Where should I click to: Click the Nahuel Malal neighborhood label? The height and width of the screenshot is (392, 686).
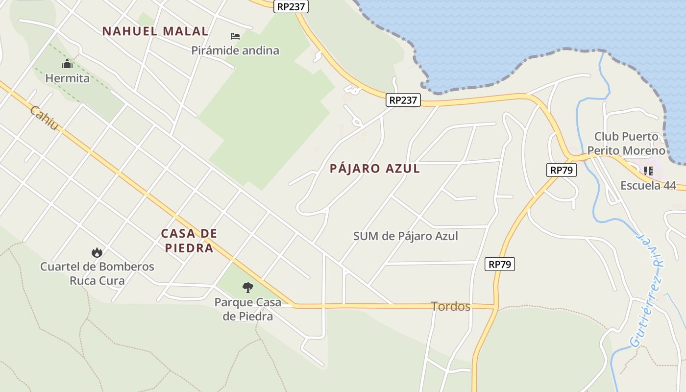click(x=155, y=31)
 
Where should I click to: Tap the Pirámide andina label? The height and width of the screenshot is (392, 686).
click(x=235, y=50)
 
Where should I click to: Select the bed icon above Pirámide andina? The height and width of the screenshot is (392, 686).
click(x=235, y=36)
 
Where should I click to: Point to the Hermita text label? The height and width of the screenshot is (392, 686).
click(x=68, y=78)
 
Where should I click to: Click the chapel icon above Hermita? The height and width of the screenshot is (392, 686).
click(x=67, y=64)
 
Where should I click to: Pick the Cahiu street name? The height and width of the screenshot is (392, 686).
click(x=44, y=118)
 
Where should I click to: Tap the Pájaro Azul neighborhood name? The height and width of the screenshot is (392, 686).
click(x=375, y=169)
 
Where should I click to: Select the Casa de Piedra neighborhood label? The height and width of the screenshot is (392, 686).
click(x=189, y=241)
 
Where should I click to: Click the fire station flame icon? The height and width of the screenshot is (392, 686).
click(x=97, y=252)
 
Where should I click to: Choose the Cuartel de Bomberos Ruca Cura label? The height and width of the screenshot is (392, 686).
click(x=97, y=274)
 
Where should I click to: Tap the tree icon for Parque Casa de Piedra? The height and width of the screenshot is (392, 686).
click(x=248, y=288)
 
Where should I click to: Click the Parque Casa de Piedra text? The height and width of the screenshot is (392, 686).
click(x=248, y=309)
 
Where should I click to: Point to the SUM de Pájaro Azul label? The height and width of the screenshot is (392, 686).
click(x=406, y=236)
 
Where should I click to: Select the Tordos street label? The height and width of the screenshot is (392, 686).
click(x=451, y=307)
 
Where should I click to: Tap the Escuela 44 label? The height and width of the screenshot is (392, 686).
click(x=648, y=186)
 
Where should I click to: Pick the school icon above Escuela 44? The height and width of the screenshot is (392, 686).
click(x=648, y=171)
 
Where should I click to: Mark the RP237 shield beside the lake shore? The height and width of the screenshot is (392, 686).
click(x=403, y=100)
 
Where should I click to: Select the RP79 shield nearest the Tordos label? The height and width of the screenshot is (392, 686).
click(x=500, y=265)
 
